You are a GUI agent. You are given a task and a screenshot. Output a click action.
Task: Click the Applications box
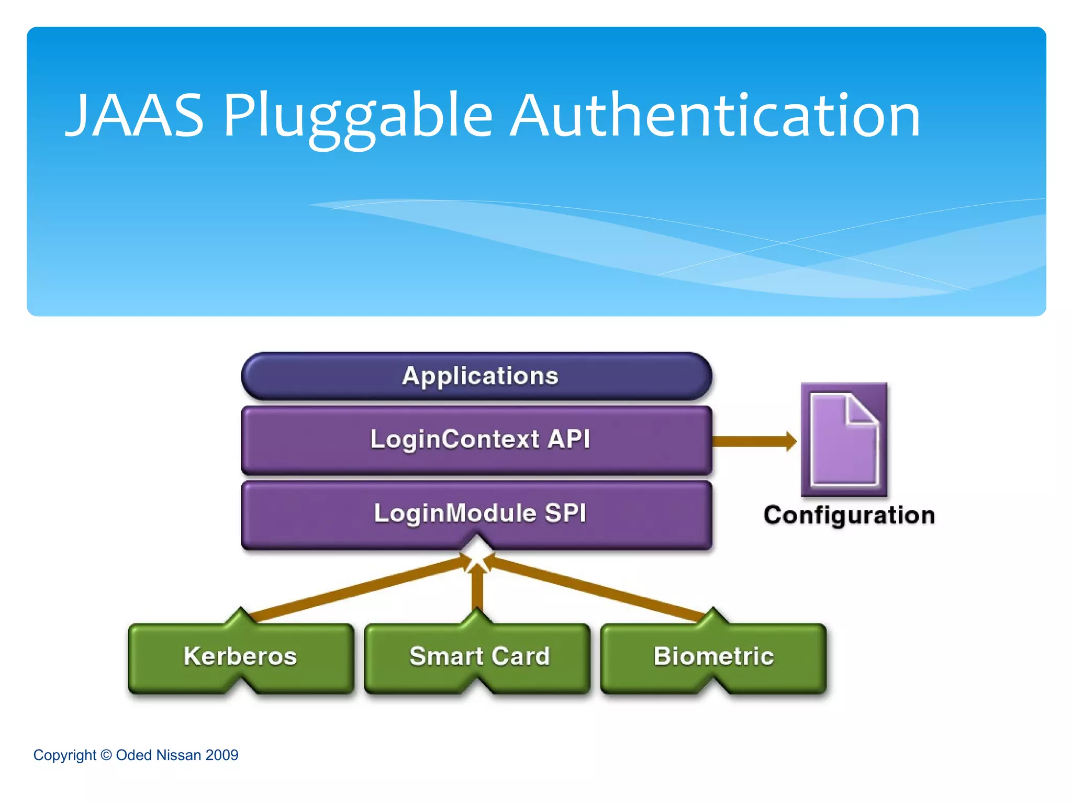pos(476,376)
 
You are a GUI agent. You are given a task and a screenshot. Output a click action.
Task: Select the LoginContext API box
pos(476,440)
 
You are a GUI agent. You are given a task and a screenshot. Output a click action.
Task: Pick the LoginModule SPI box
pos(476,513)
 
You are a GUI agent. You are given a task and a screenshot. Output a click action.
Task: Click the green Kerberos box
pos(241,657)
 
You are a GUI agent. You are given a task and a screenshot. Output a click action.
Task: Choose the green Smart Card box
pos(477,657)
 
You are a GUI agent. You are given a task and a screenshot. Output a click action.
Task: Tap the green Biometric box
pos(713,657)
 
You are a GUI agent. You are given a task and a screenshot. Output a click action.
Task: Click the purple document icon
pos(843,440)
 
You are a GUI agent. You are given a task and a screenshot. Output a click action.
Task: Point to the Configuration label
pos(849,515)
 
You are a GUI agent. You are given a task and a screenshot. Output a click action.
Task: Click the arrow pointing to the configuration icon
pos(754,441)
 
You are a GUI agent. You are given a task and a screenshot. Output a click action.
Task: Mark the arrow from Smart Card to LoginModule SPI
pos(477,589)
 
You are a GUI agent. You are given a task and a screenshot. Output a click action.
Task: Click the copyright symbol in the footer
pos(106,755)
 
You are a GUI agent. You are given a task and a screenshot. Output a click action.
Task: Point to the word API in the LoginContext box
pos(569,439)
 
